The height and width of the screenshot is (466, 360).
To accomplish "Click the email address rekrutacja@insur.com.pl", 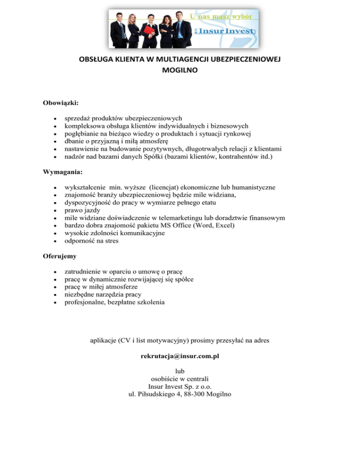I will (x=180, y=356).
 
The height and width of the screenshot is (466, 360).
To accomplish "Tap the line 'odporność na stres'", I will (x=91, y=241).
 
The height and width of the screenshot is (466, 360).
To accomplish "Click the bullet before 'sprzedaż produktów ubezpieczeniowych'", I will (x=56, y=118).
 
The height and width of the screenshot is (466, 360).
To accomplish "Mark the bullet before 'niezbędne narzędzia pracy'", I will (x=56, y=295).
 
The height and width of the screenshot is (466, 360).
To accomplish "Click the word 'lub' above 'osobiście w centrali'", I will (x=180, y=370).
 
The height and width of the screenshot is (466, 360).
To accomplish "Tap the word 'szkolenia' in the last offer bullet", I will (x=149, y=302).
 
